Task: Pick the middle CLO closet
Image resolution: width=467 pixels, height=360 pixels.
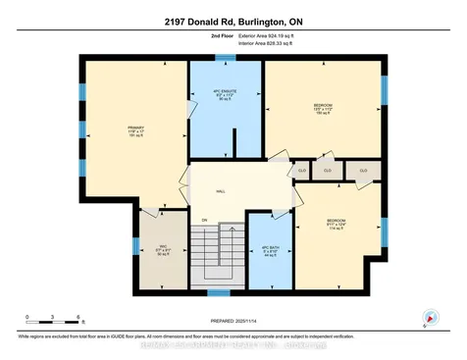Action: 329,170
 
